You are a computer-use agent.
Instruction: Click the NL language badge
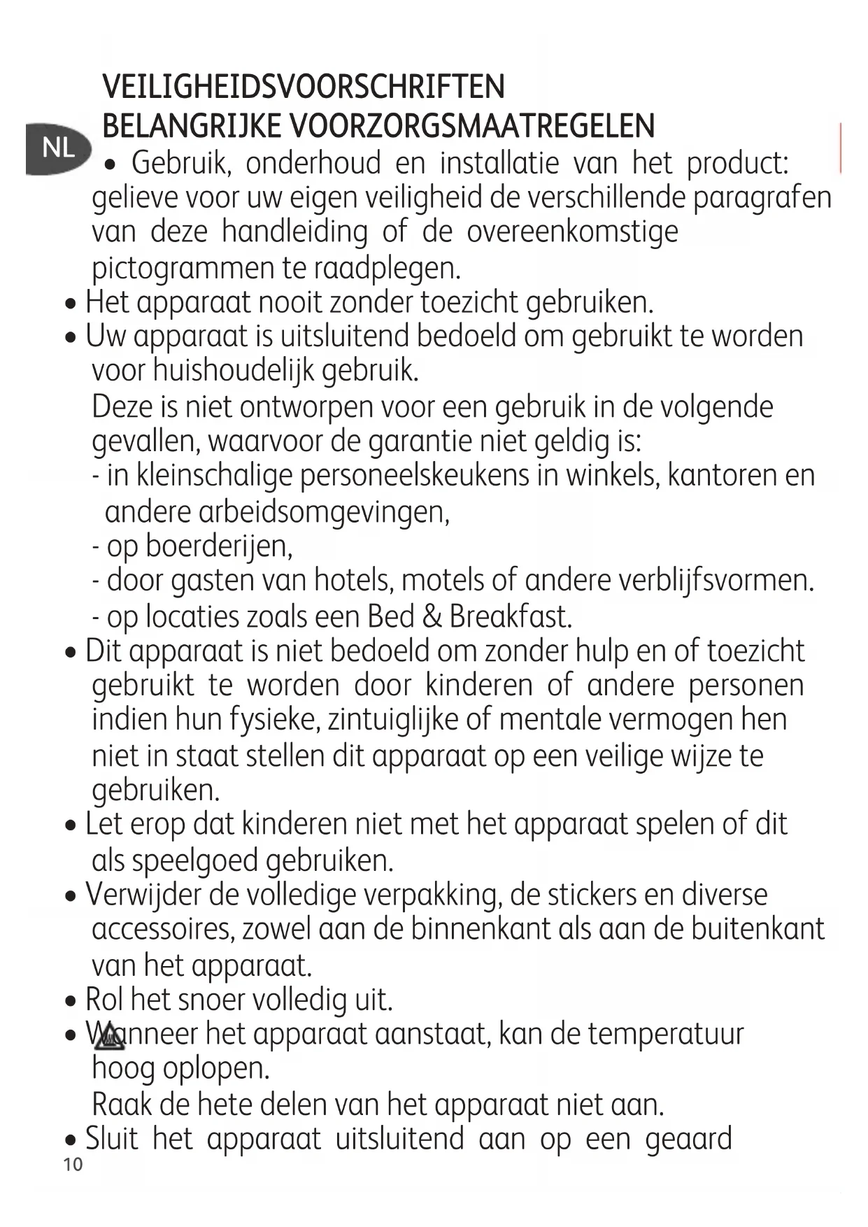coord(59,148)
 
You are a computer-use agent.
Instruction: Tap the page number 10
coord(73,1165)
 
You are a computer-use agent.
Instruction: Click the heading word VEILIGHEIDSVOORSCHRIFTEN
coord(304,87)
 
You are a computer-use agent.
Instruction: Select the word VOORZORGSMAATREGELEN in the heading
coord(472,127)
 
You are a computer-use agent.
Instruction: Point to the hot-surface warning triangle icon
coord(110,1036)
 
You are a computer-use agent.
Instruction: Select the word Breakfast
coord(511,616)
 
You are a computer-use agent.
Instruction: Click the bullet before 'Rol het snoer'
coord(70,1001)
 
